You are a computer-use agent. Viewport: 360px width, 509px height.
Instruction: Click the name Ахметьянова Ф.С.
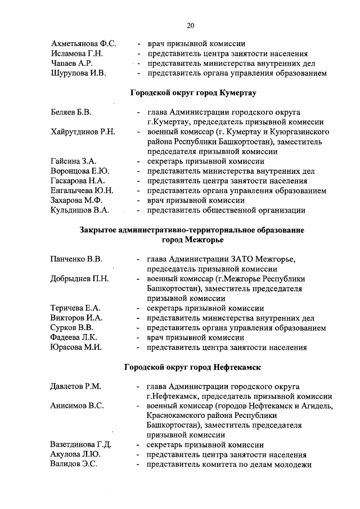83,43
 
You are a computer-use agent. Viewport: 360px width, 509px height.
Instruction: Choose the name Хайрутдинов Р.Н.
83,132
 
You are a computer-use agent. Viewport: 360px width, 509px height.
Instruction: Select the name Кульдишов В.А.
80,210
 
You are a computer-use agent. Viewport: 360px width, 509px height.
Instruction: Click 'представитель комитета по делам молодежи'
228,465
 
